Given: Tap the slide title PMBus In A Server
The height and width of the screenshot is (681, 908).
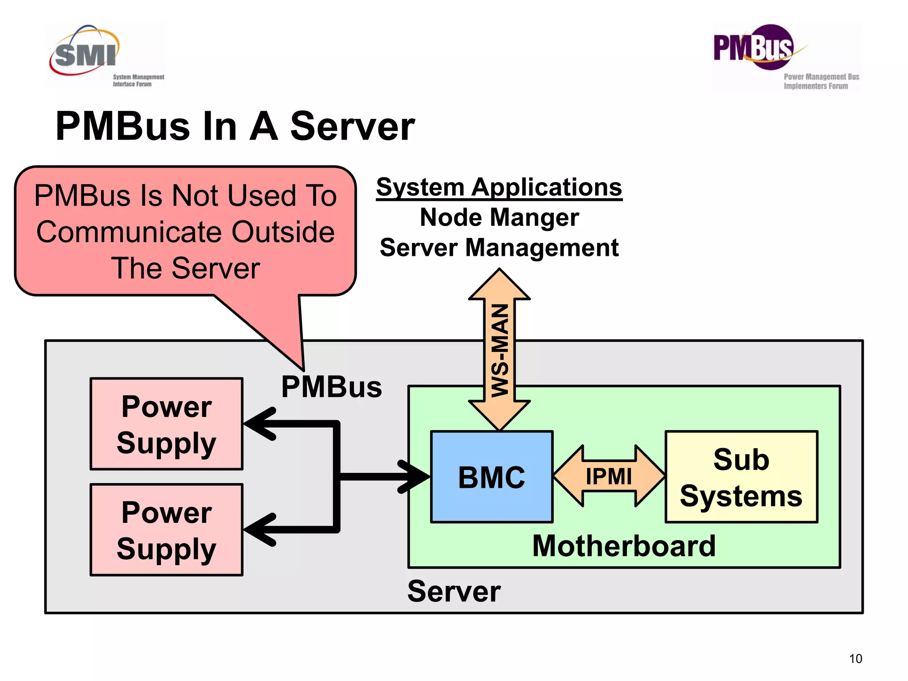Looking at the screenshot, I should [x=235, y=127].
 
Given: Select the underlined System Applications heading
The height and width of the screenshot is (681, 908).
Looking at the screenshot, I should [x=499, y=187].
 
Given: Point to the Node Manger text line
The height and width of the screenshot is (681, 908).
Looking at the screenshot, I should [x=499, y=217].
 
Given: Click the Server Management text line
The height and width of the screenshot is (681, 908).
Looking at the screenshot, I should [x=499, y=247].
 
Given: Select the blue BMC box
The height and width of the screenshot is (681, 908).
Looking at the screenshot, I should [x=492, y=477].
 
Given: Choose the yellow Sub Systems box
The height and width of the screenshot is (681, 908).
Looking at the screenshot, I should [x=741, y=477].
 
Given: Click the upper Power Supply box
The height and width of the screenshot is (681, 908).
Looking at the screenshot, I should [x=167, y=424].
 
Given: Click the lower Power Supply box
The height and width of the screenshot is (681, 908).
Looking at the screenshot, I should [x=167, y=530].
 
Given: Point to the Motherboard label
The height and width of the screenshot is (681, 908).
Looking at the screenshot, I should [x=624, y=546].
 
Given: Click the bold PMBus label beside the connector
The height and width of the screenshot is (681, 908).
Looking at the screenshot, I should [x=332, y=387].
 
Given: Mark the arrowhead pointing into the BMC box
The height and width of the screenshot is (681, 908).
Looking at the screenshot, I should [x=415, y=477].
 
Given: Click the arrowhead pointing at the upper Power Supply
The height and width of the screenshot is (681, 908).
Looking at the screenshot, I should [x=259, y=424].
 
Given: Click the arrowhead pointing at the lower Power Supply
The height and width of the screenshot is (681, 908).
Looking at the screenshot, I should [x=259, y=529].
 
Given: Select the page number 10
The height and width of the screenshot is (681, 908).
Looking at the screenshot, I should [x=855, y=658].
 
